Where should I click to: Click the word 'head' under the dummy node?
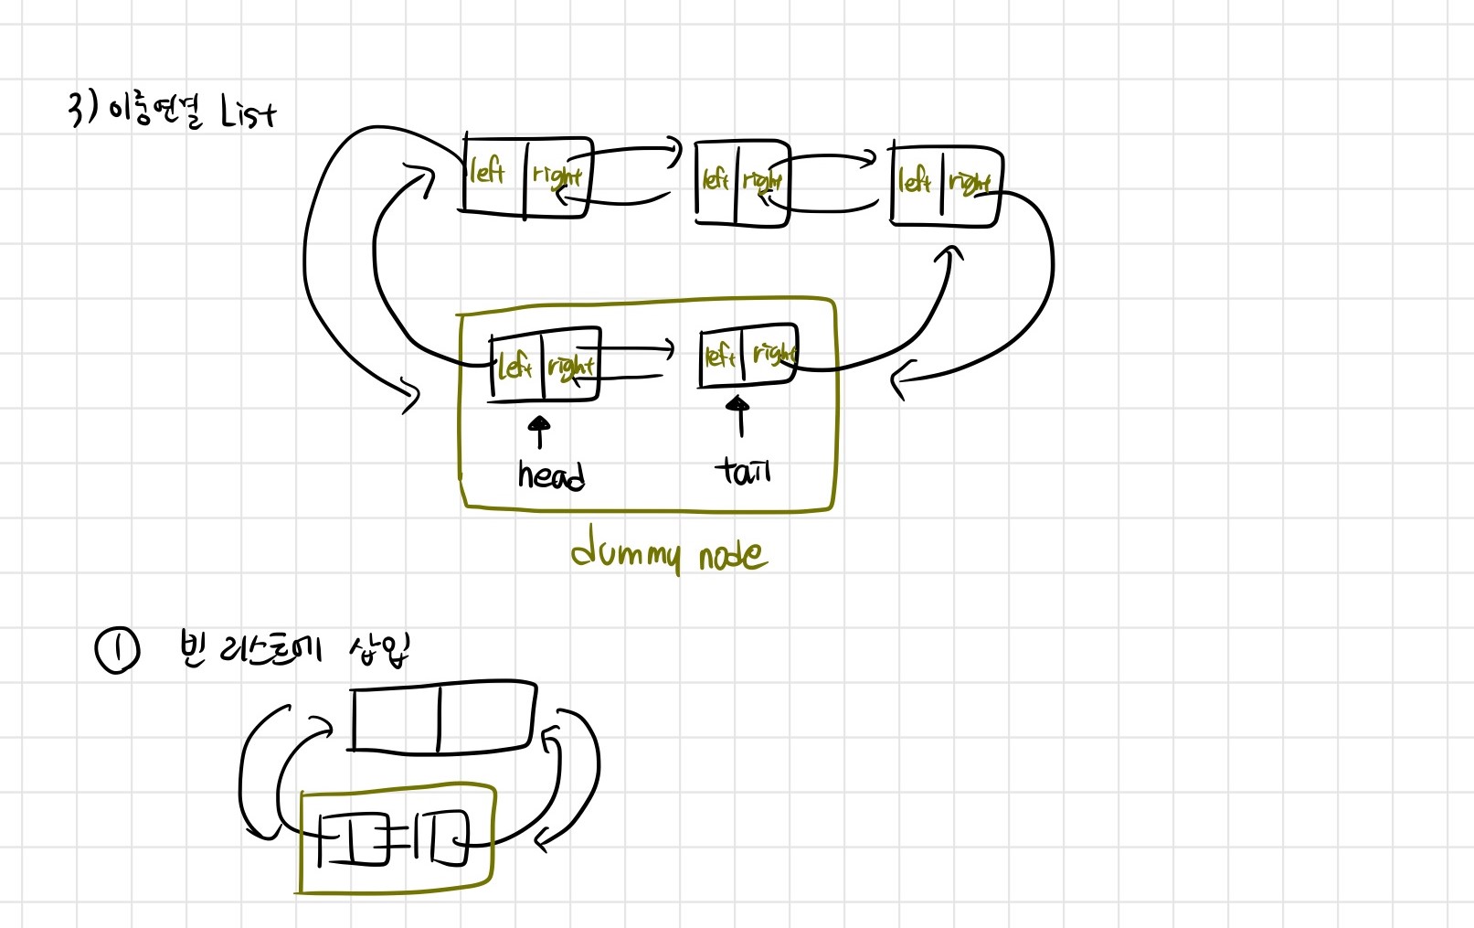click(x=551, y=475)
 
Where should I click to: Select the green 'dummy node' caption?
click(x=669, y=553)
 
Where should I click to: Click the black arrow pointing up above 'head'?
click(x=540, y=431)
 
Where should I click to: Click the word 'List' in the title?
click(x=248, y=114)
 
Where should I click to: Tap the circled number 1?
click(x=117, y=651)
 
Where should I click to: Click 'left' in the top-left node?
click(x=487, y=172)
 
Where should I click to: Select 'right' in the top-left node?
click(x=557, y=175)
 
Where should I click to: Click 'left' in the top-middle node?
click(x=715, y=179)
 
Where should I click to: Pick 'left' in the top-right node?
click(x=914, y=180)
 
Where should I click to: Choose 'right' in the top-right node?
click(x=970, y=183)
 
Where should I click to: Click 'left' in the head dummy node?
click(x=514, y=367)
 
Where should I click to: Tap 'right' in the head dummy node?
click(x=571, y=367)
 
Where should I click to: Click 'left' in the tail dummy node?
click(x=720, y=355)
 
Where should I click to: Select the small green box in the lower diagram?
click(x=397, y=837)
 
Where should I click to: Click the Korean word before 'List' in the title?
click(x=156, y=112)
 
